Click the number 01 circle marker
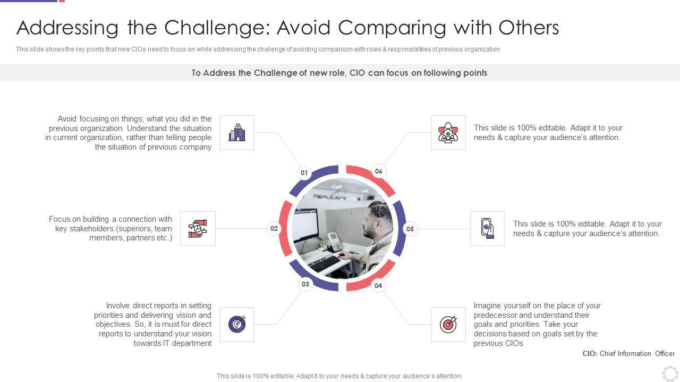tap(304, 173)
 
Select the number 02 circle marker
tap(274, 229)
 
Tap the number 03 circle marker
tap(305, 284)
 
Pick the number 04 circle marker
tap(378, 285)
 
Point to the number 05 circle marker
tap(410, 229)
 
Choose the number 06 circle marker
tap(378, 171)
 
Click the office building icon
tap(237, 133)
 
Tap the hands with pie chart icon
tap(198, 229)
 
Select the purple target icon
tap(237, 324)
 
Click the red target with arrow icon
tap(448, 324)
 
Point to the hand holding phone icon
tap(488, 228)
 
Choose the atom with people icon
tap(448, 133)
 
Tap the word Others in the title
tap(529, 28)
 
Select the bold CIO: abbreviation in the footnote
tap(590, 353)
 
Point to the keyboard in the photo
tap(324, 264)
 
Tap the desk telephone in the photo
tap(335, 241)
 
